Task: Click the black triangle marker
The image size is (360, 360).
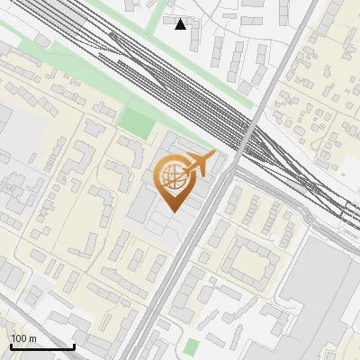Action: pos(181,24)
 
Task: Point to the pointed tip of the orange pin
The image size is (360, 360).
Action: pos(172,212)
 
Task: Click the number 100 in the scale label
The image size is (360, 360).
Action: pos(19,338)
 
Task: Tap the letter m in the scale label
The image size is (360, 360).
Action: pos(32,338)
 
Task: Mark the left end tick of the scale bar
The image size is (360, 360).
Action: pos(11,346)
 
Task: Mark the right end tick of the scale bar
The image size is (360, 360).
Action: pos(74,346)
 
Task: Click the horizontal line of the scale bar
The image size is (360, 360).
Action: pos(42,347)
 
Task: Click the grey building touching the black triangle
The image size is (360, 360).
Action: pos(174,19)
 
